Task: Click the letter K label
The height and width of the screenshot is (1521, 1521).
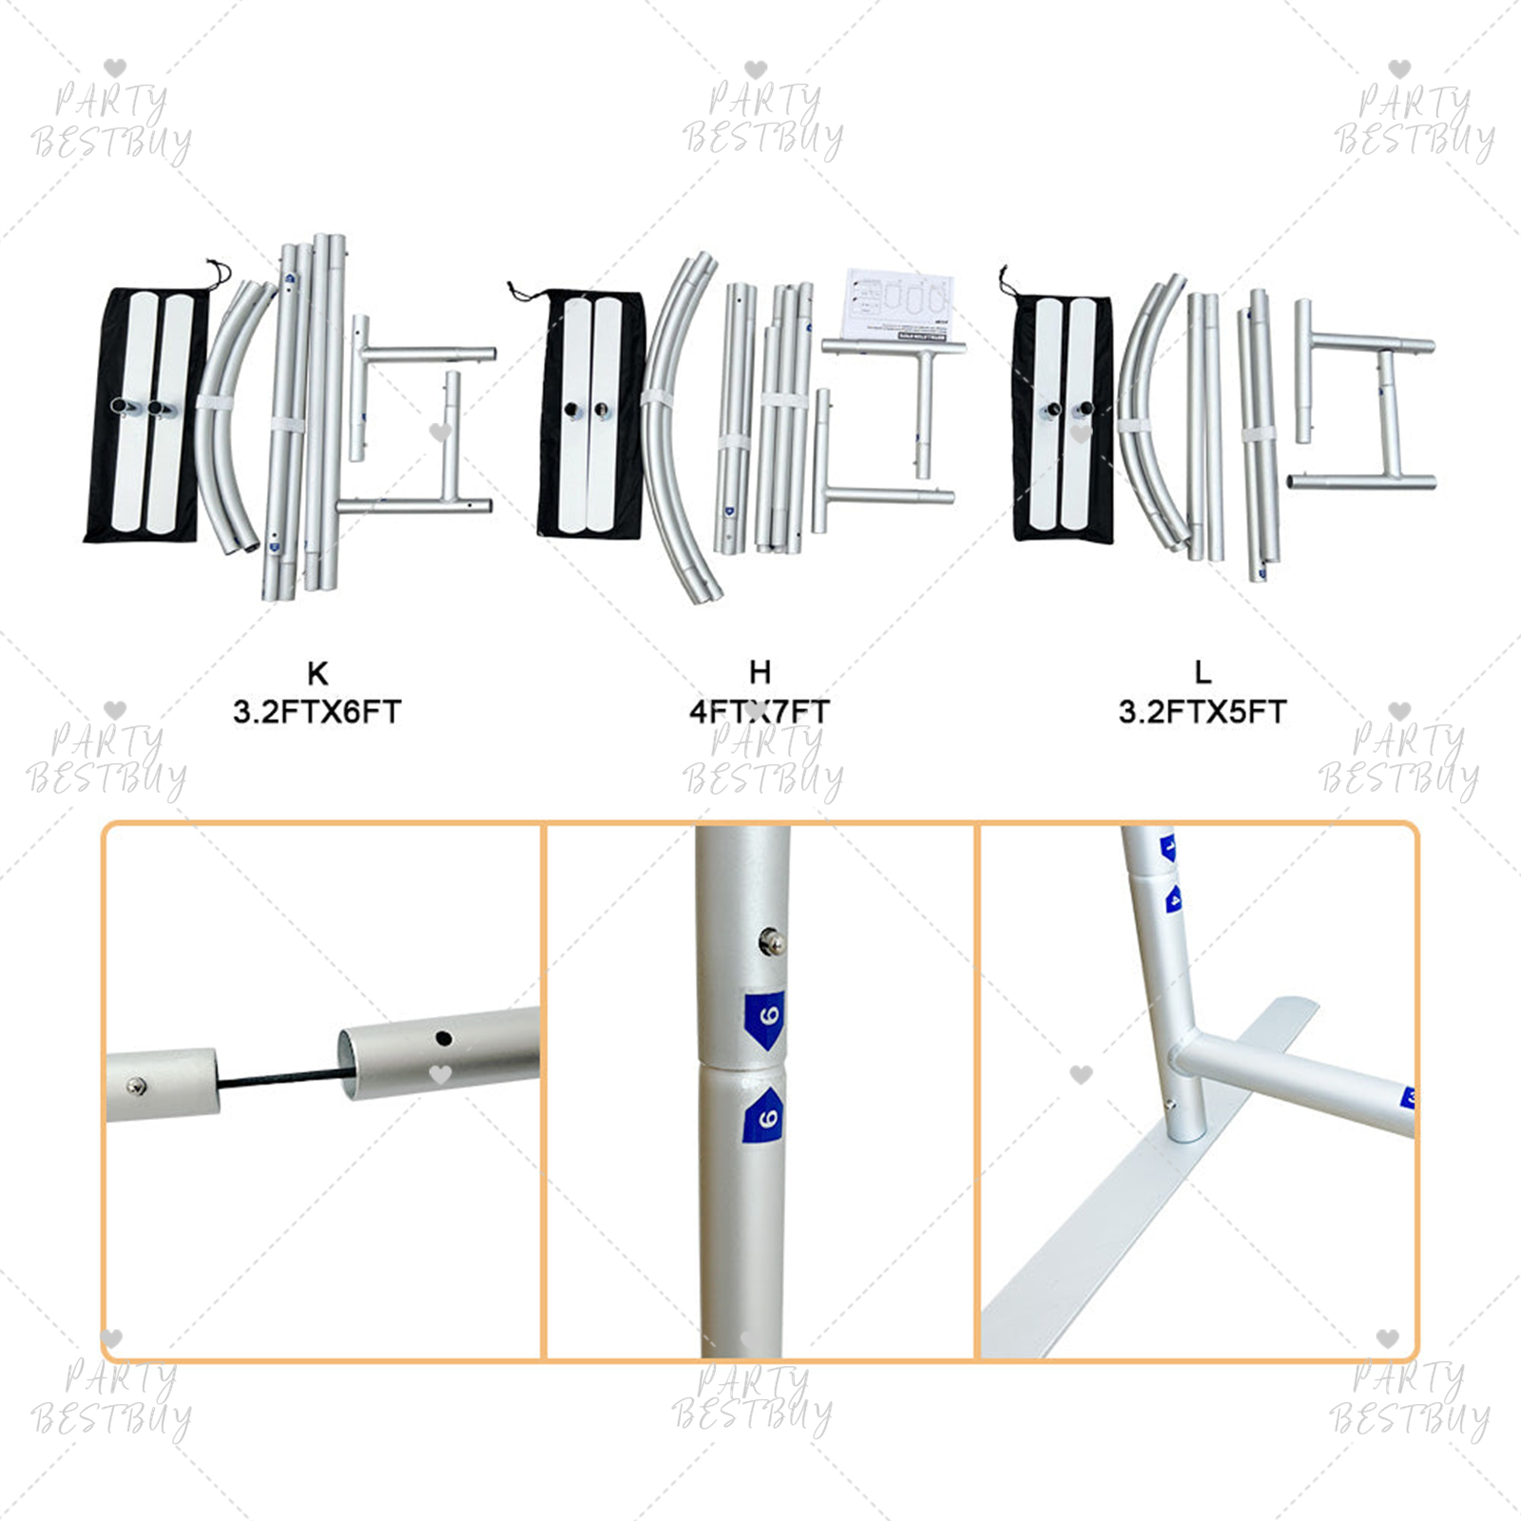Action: pyautogui.click(x=318, y=673)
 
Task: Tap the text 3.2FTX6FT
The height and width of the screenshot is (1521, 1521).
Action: pyautogui.click(x=318, y=711)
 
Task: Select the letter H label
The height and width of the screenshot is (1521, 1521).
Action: pyautogui.click(x=760, y=672)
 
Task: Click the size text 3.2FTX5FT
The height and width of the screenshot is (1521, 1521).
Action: pyautogui.click(x=1203, y=711)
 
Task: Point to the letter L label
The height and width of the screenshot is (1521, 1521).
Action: pyautogui.click(x=1203, y=672)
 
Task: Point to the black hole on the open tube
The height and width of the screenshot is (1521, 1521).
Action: pyautogui.click(x=443, y=1038)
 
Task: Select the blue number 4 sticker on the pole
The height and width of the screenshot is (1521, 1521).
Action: pyautogui.click(x=1174, y=898)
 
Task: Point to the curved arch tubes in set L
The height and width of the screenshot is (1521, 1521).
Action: pyautogui.click(x=1146, y=418)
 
